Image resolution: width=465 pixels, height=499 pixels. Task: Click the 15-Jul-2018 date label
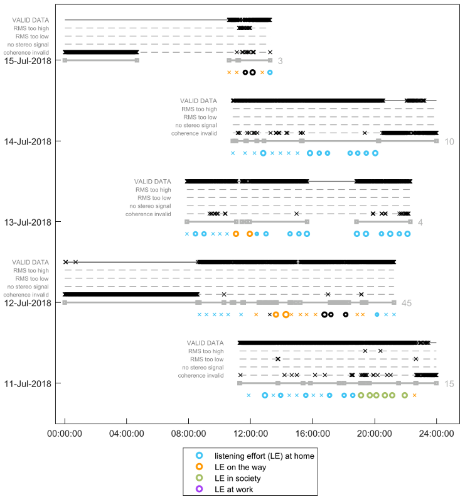click(31, 60)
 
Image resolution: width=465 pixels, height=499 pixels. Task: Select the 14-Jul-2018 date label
click(31, 141)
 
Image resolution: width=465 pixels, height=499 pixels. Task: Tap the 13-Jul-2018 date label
click(31, 222)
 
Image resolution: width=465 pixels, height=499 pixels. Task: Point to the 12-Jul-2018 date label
click(31, 302)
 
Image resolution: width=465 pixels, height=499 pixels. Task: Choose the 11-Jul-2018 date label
click(31, 383)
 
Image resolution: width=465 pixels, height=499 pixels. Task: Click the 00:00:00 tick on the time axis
click(65, 433)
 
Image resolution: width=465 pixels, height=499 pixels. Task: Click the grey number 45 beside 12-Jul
click(406, 303)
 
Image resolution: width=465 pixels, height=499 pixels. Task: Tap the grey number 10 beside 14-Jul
click(449, 141)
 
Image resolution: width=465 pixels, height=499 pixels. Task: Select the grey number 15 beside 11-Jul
click(449, 383)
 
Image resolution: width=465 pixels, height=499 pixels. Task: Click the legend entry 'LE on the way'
click(240, 466)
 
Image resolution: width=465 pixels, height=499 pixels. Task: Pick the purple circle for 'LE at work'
click(199, 489)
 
